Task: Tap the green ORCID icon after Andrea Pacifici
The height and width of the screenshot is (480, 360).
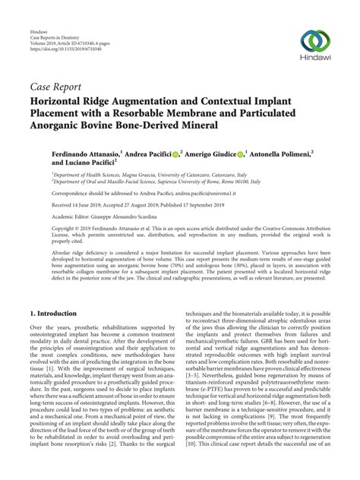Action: click(x=175, y=154)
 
